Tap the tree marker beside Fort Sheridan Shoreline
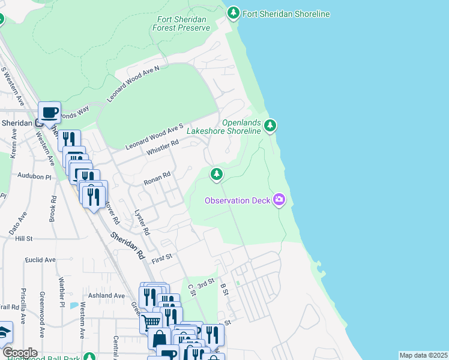click(234, 13)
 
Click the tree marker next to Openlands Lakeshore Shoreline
click(271, 125)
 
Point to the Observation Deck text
click(237, 200)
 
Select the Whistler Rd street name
click(163, 147)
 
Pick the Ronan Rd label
click(157, 178)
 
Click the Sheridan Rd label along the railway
click(128, 246)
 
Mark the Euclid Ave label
click(40, 260)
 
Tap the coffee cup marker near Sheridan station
click(49, 112)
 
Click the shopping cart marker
click(150, 323)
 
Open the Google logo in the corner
click(19, 352)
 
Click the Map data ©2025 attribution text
click(423, 355)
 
